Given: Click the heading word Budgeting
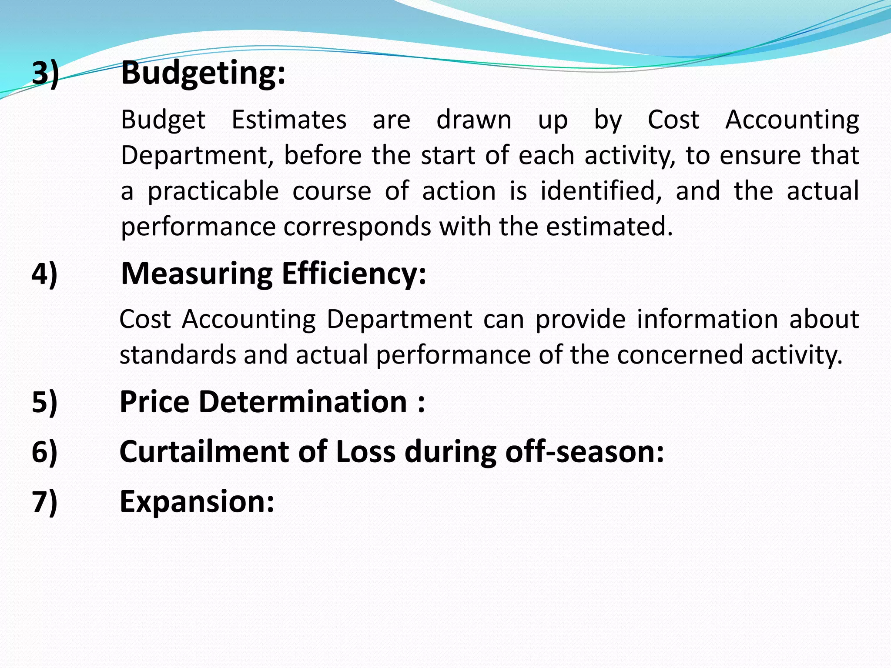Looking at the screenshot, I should [203, 73].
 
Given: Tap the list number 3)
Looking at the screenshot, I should [45, 73].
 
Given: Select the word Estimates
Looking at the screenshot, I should [289, 120].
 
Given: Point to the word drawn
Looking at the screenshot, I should [474, 120].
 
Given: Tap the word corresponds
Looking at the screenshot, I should [357, 227].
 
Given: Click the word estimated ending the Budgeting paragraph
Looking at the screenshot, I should [609, 227].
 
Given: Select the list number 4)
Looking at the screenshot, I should [44, 274].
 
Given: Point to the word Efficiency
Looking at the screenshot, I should [354, 274].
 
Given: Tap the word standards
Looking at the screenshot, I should [178, 355].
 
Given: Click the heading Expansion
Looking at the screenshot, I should [197, 502].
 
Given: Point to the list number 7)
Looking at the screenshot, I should [44, 502].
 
